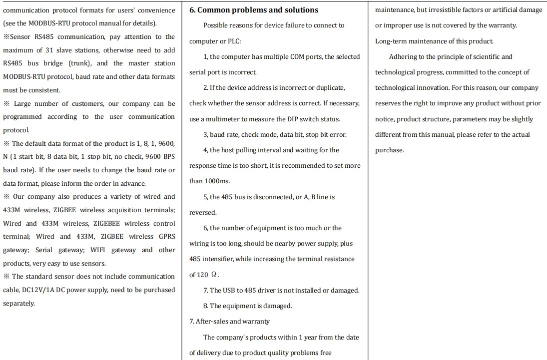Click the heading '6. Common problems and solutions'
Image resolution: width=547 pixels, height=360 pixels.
pyautogui.click(x=253, y=10)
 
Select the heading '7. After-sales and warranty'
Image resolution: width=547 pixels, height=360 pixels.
pyautogui.click(x=229, y=322)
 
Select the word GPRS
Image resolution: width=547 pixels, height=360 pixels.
pyautogui.click(x=167, y=237)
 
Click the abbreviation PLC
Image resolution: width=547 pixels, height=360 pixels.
pyautogui.click(x=233, y=41)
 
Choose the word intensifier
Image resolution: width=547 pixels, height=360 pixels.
pyautogui.click(x=216, y=259)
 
